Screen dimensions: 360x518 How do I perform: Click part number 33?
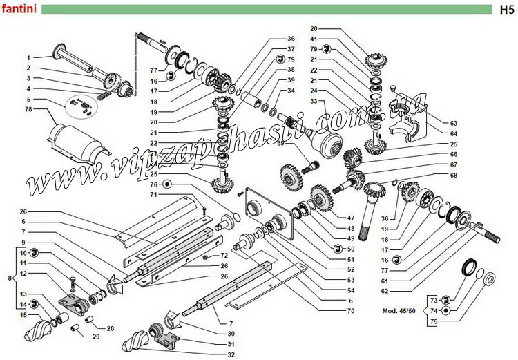[314, 101]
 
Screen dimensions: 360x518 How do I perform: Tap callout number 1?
[30, 57]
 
